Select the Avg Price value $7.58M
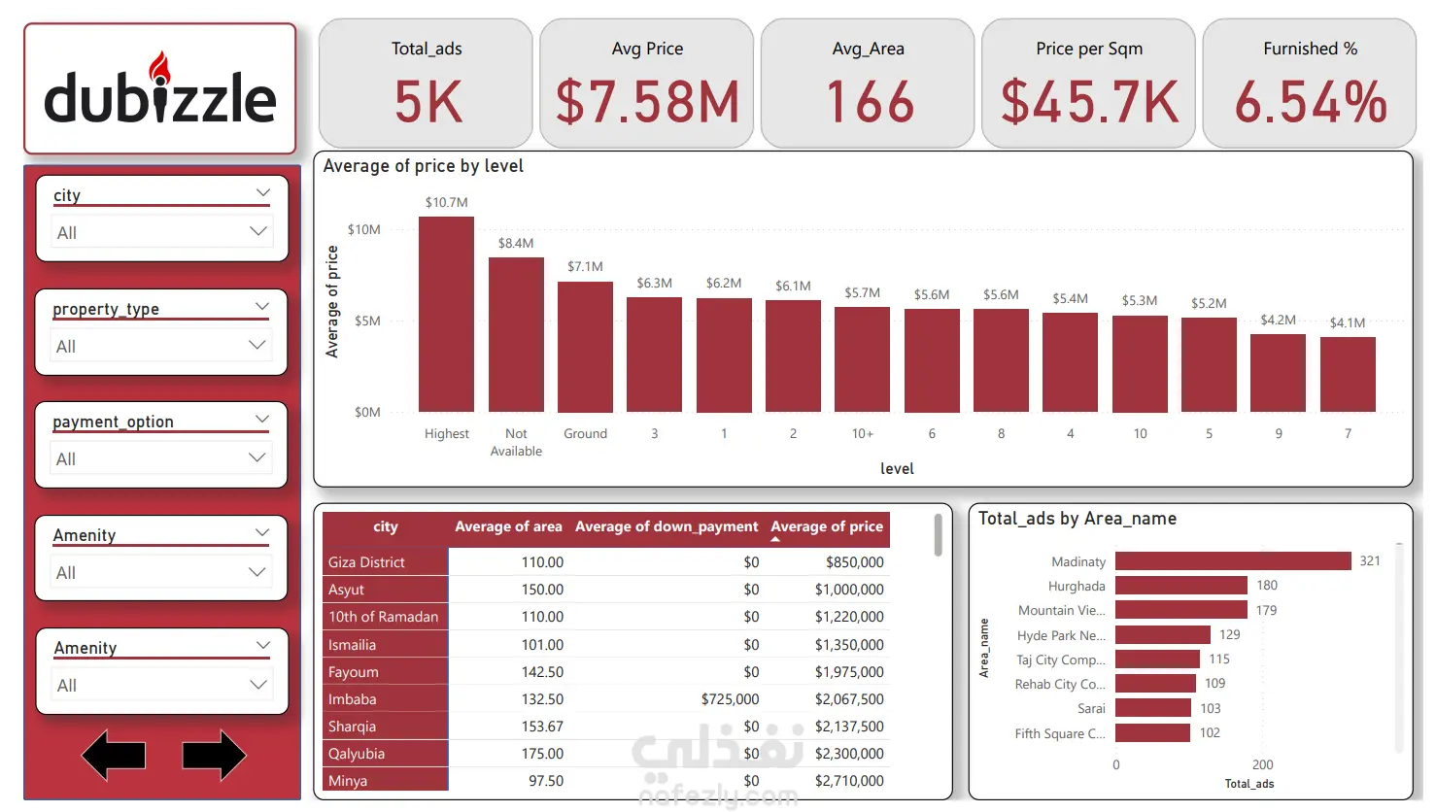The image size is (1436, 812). click(647, 103)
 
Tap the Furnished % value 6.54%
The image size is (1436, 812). click(1310, 103)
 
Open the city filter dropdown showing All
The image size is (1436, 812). click(161, 232)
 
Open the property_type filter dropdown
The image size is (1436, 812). click(161, 346)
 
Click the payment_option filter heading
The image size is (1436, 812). click(114, 422)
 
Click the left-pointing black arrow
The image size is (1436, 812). click(114, 756)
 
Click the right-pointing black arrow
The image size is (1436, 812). click(214, 756)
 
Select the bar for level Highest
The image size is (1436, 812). click(446, 315)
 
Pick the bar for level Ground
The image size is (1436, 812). click(585, 347)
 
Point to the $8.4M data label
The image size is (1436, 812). click(516, 244)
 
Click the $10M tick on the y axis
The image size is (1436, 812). click(364, 230)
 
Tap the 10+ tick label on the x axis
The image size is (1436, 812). click(862, 434)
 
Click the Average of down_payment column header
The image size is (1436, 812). click(667, 526)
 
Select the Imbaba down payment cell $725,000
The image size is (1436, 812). click(730, 699)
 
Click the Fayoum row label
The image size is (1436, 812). click(354, 672)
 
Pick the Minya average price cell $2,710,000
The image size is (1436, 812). click(849, 781)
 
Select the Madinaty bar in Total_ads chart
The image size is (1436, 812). click(1233, 561)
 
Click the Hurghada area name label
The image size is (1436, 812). click(1077, 587)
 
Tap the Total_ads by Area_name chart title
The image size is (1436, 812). click(1077, 519)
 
